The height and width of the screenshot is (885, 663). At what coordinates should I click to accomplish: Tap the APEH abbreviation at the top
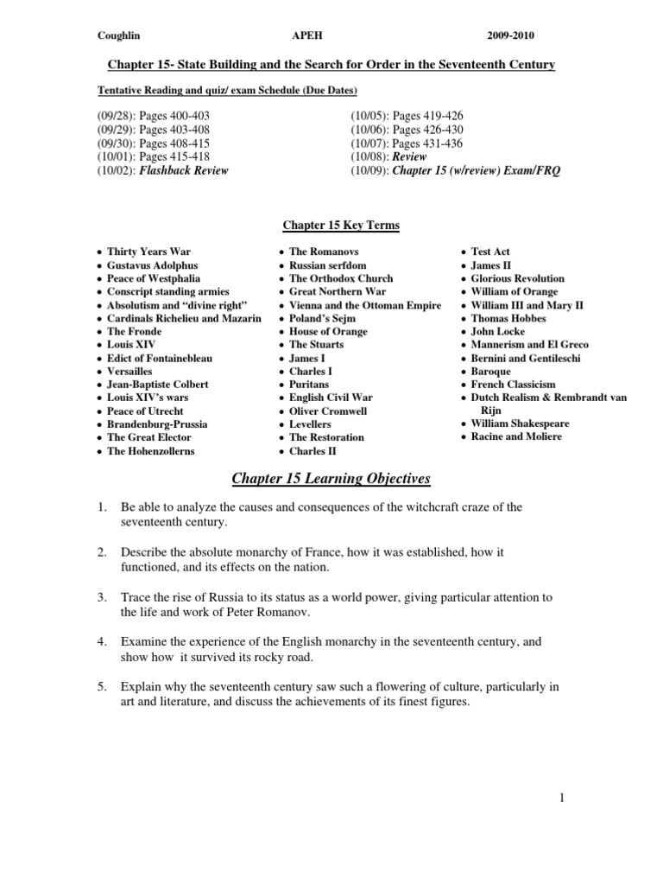click(x=308, y=35)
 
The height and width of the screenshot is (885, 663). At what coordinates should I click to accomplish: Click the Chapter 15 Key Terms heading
click(x=342, y=226)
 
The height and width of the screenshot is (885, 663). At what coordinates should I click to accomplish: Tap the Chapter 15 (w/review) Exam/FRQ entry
click(x=477, y=170)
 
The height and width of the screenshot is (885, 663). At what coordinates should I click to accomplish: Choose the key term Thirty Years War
click(x=148, y=251)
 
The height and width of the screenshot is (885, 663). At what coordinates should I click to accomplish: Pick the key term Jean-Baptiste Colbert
click(x=157, y=384)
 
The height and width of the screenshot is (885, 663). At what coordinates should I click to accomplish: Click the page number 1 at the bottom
click(x=561, y=799)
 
